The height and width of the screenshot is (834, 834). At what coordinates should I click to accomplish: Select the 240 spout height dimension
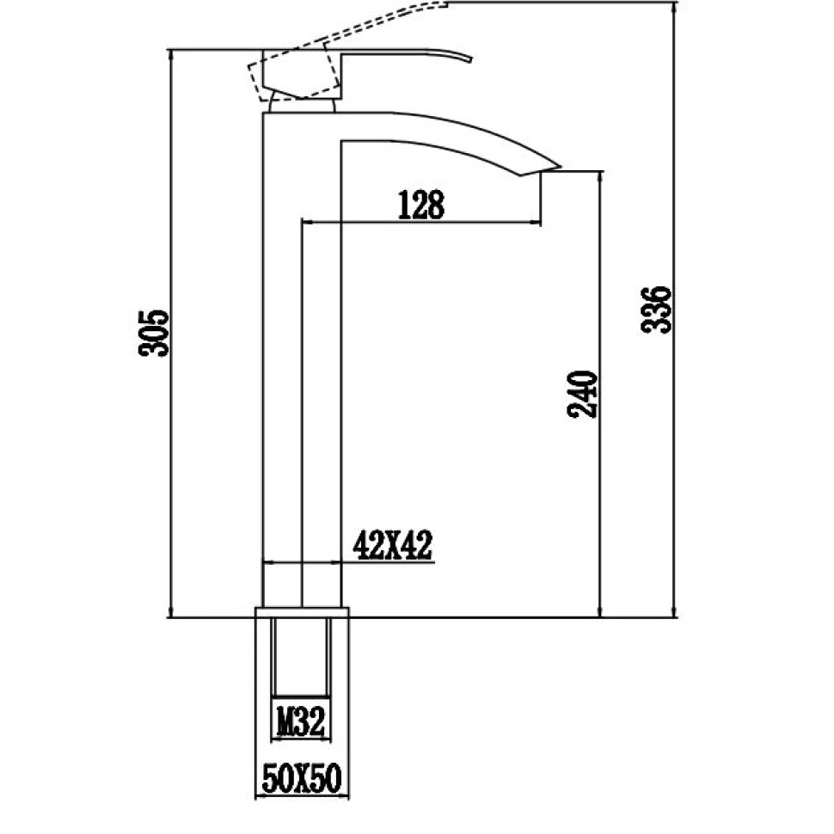[x=582, y=395]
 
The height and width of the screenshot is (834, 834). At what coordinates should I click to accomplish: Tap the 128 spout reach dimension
[x=420, y=205]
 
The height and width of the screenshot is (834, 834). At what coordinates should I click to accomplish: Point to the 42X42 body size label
[x=392, y=545]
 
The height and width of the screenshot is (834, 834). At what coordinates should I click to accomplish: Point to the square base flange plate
[x=303, y=612]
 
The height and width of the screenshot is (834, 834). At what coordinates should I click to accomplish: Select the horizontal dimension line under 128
[x=420, y=223]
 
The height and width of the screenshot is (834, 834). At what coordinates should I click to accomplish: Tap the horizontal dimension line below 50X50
[x=302, y=798]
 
